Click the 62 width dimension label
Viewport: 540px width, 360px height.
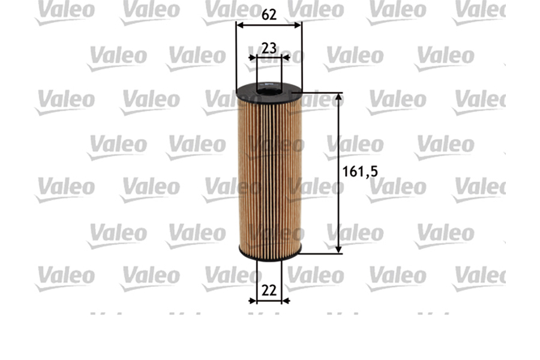click(x=269, y=15)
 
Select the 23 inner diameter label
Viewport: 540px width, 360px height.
click(x=269, y=48)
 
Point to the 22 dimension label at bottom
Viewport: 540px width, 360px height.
click(x=269, y=290)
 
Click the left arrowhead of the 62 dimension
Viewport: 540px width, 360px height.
click(x=240, y=26)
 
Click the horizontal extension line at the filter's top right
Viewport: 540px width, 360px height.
click(x=321, y=93)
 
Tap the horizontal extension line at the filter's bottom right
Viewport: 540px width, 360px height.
click(x=321, y=253)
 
